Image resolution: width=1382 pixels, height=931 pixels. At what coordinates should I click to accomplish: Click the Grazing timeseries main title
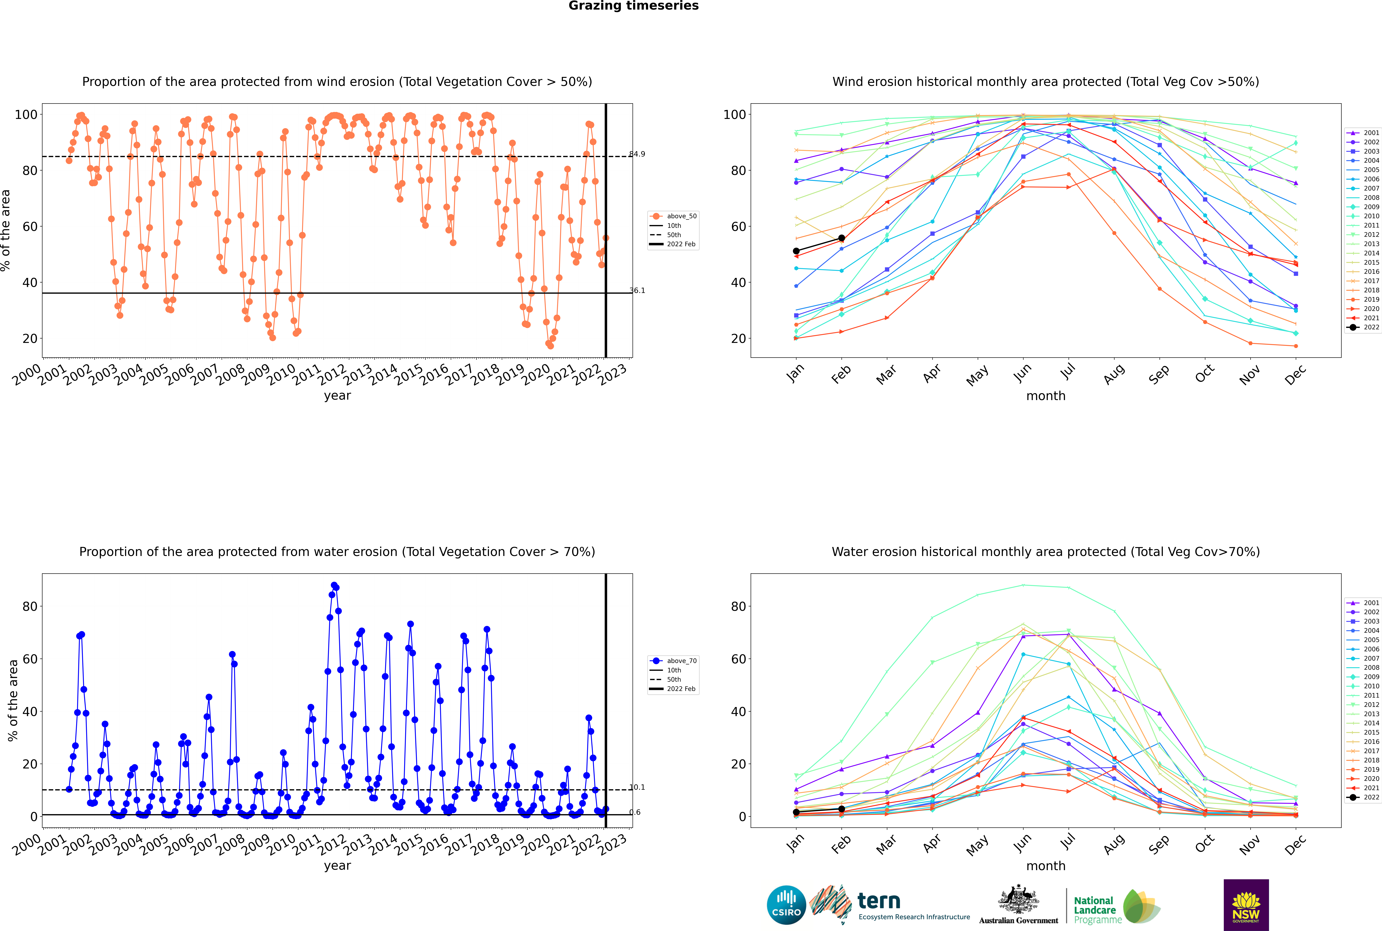click(633, 6)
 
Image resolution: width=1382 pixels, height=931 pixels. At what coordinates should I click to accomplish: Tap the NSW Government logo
click(1246, 905)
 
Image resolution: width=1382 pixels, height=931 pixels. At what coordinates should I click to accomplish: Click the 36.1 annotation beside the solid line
click(637, 290)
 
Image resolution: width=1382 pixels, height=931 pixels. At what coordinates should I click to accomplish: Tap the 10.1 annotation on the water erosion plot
click(637, 787)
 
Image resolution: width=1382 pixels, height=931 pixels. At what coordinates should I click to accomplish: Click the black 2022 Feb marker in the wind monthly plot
click(841, 238)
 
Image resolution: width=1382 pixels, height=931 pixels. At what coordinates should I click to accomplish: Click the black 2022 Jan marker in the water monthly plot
click(796, 812)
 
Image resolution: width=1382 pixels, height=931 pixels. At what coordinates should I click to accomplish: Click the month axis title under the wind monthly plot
click(1046, 396)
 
